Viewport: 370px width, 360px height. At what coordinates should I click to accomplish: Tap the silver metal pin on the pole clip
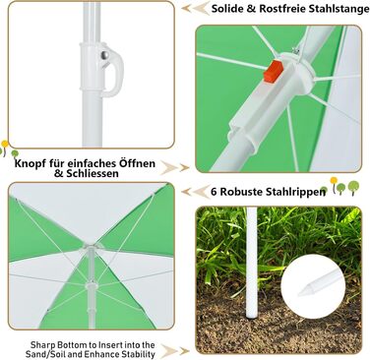point(105,56)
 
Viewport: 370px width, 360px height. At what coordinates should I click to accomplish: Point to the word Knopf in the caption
point(28,163)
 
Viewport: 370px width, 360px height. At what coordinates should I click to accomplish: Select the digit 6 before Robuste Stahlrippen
point(214,192)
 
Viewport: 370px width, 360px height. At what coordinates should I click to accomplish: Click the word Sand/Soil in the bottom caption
point(42,354)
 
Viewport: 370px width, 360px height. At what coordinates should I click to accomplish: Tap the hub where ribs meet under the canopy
point(91,247)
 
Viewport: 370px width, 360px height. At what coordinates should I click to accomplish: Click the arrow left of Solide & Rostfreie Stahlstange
point(196,8)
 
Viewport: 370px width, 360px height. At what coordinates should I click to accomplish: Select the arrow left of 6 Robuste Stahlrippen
point(195,192)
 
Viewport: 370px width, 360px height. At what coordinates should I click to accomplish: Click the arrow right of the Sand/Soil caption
point(175,351)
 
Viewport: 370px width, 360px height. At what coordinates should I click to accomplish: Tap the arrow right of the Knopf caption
point(175,168)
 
